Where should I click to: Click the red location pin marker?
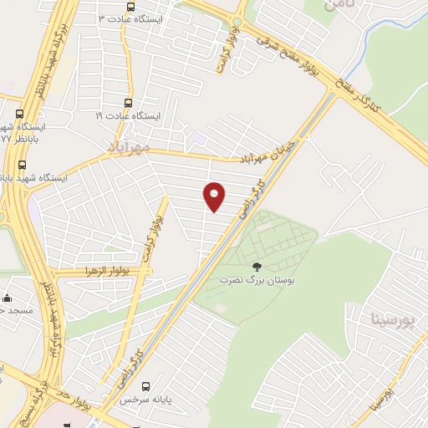click(x=215, y=196)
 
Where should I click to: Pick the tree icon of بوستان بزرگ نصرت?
click(x=255, y=267)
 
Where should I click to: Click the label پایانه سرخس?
click(x=138, y=400)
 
